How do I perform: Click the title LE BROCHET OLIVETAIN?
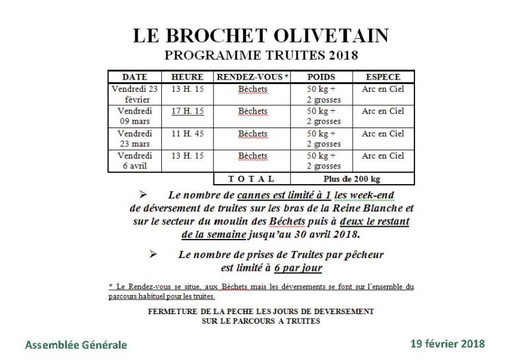261,36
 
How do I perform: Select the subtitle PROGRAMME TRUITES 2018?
261,55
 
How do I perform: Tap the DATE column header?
134,77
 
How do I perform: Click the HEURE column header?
187,77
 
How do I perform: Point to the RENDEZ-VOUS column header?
252,77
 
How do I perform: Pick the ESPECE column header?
382,77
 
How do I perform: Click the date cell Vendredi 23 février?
134,94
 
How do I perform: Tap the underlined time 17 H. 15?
187,112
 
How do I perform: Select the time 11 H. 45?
187,134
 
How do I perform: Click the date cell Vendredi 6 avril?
134,161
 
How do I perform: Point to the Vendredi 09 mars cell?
134,117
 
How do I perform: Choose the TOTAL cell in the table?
252,179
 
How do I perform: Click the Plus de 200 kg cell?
353,179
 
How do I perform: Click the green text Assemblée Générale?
76,345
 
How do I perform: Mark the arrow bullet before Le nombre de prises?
153,254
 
